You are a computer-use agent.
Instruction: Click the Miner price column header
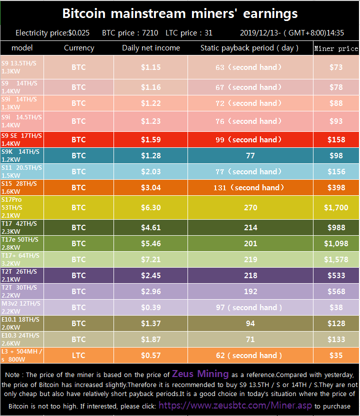pos(336,48)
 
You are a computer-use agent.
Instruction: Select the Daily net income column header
pos(151,48)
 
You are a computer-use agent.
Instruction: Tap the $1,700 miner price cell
pos(336,207)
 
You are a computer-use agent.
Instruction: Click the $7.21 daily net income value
pos(151,259)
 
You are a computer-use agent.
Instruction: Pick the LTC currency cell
pos(78,356)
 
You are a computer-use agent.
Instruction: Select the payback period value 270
pos(250,207)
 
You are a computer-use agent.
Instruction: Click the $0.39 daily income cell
pos(151,307)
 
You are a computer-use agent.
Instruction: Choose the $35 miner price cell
pos(336,356)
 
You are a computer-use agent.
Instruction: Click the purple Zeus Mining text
pos(200,374)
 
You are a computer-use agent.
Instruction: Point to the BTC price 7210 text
pos(130,33)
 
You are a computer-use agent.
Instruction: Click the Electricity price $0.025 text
pos(52,33)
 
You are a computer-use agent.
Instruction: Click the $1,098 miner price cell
pos(336,244)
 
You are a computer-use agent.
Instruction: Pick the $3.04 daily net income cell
pos(151,188)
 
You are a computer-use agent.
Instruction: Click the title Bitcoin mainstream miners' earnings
pos(180,13)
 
